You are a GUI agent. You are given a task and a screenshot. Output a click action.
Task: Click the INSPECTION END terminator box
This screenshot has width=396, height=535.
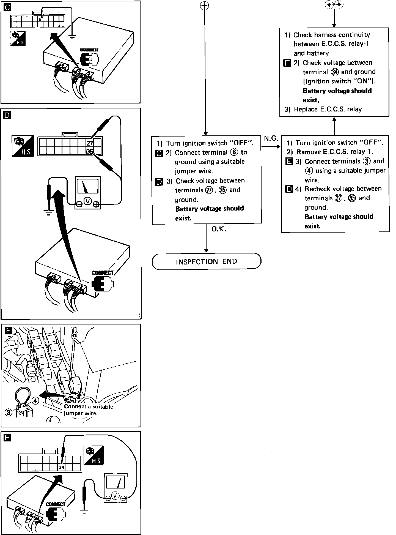206,261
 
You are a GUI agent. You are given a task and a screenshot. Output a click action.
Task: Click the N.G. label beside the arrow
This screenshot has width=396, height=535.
271,138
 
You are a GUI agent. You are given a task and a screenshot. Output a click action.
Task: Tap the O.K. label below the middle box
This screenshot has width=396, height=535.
219,229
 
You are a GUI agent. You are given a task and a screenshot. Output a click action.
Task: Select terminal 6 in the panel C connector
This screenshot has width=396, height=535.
40,20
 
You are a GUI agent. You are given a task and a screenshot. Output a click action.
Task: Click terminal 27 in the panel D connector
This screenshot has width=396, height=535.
90,143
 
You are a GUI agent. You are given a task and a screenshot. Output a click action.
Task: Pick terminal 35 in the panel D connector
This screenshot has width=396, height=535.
90,151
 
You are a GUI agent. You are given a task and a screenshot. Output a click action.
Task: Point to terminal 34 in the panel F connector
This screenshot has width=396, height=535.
61,467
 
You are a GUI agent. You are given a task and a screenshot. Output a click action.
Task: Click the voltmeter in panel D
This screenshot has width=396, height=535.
88,192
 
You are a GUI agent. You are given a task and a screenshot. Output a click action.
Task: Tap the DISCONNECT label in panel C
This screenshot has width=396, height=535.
89,50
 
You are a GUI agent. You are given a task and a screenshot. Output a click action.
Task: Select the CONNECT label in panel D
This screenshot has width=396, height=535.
103,273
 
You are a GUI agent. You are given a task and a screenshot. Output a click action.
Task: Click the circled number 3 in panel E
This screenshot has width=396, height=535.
9,413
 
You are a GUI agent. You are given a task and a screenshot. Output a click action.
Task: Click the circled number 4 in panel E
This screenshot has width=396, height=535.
35,401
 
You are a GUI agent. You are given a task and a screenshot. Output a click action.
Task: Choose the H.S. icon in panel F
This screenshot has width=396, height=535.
94,455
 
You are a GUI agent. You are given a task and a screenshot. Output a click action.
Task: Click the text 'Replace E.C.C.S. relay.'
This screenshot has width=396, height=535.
329,109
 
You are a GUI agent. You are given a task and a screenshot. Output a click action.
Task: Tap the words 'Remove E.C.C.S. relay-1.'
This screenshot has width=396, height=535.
334,152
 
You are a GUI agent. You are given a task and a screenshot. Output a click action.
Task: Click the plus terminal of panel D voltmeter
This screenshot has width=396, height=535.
96,204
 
